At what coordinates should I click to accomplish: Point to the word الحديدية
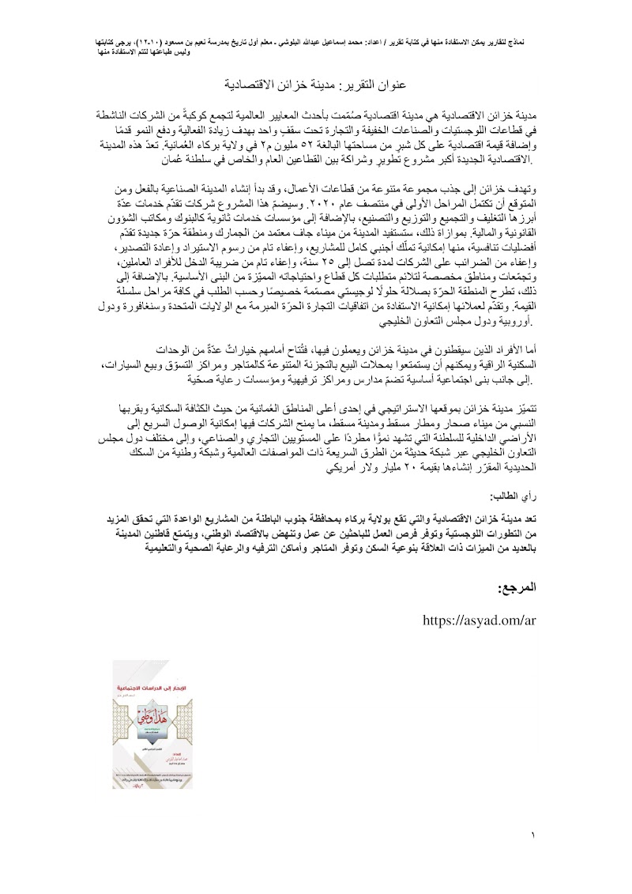pos(508,468)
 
